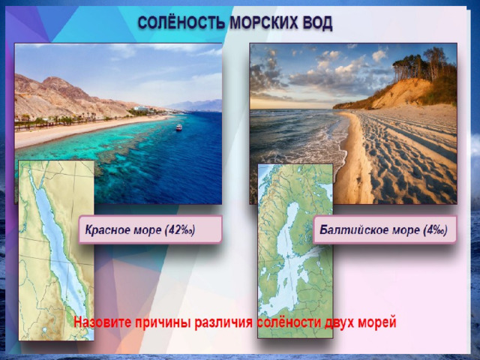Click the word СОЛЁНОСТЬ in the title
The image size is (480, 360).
pyautogui.click(x=181, y=23)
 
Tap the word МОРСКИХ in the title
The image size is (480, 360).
pyautogui.click(x=263, y=23)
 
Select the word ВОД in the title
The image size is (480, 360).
pyautogui.click(x=317, y=23)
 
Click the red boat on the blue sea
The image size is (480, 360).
pyautogui.click(x=178, y=127)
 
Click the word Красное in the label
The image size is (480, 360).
pyautogui.click(x=107, y=230)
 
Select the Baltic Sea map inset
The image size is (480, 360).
pyautogui.click(x=295, y=251)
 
